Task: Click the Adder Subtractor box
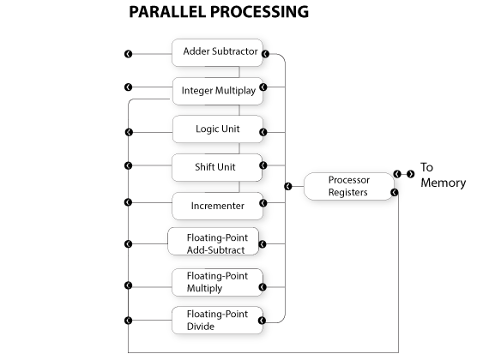point(217,52)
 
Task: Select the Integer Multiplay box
point(218,92)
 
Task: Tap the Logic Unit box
point(218,129)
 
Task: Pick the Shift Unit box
point(217,168)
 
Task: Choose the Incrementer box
point(217,206)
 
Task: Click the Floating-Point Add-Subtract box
point(214,242)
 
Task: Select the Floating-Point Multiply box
point(217,282)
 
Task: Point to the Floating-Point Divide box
point(217,321)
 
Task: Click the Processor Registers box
point(349,186)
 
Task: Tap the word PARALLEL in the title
point(168,12)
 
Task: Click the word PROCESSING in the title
point(259,12)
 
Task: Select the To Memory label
point(444,175)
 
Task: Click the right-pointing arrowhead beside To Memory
point(411,174)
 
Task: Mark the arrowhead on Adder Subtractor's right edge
point(265,54)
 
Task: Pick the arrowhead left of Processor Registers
point(288,186)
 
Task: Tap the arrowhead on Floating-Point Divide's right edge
point(262,321)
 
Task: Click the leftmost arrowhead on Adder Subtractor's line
point(128,54)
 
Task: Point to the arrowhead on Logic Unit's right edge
point(263,132)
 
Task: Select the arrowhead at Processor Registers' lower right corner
point(395,192)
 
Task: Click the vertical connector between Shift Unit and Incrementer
point(239,187)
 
